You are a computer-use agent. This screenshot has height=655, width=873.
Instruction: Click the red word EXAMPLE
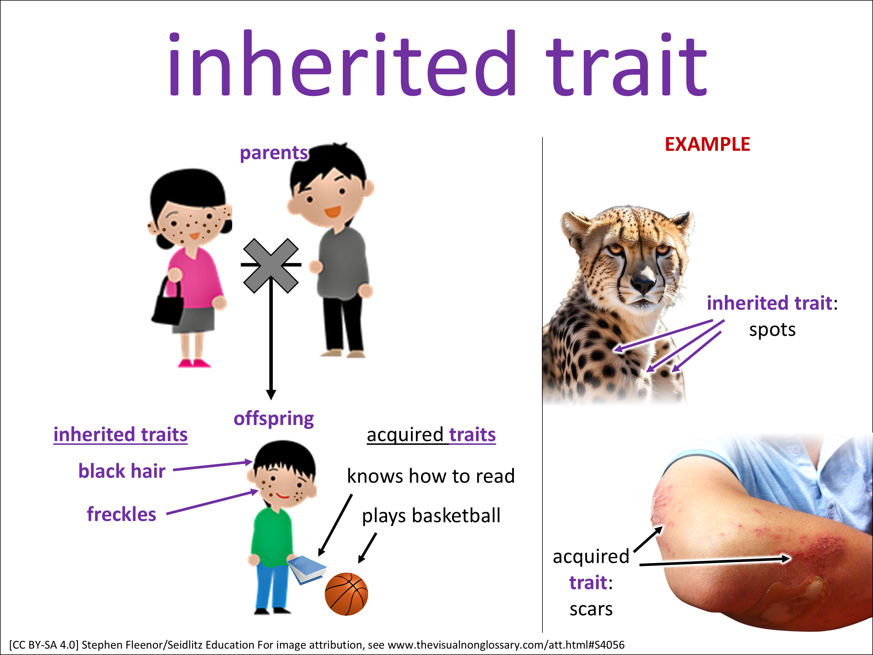707,144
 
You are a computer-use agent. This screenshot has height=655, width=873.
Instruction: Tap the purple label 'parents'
274,153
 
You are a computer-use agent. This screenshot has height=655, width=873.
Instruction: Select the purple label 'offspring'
274,419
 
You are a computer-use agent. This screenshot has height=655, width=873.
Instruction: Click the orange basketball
346,594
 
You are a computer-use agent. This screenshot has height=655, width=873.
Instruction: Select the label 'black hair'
122,471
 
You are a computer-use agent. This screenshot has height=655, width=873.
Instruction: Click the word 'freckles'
122,514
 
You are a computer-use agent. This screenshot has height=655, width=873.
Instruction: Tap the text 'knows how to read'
431,476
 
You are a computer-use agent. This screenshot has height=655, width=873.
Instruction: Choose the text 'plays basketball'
431,516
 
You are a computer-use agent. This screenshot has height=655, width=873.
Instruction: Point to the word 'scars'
591,609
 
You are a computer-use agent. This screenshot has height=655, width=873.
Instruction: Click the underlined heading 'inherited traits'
120,435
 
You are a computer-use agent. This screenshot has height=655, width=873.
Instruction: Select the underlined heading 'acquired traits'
431,435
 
